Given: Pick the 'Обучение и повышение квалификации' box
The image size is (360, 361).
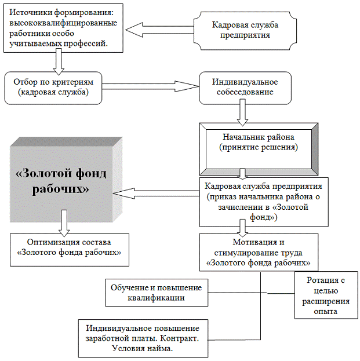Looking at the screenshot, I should point(155,292).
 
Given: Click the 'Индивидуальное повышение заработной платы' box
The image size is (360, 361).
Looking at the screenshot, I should point(142,337).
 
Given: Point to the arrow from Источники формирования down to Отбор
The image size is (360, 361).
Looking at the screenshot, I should point(57,60).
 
